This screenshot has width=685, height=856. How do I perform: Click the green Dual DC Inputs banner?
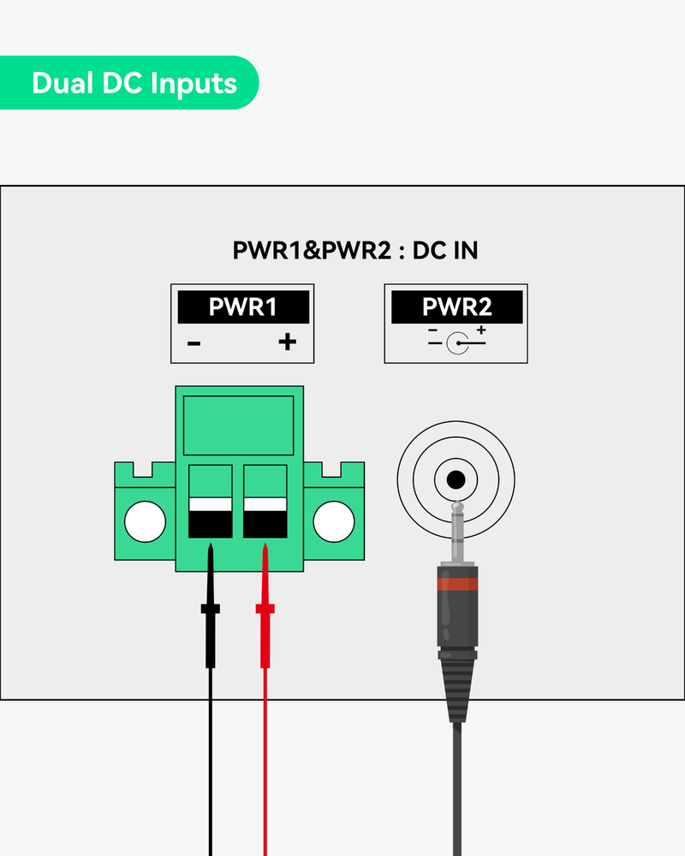(128, 83)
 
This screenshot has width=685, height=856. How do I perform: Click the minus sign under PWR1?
(194, 344)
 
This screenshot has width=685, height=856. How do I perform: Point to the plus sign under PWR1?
(287, 343)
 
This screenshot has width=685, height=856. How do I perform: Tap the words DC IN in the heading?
(445, 251)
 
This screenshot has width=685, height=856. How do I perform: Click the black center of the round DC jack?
(456, 479)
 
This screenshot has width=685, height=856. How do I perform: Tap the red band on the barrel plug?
(456, 584)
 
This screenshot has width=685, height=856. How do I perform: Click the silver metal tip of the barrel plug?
(456, 531)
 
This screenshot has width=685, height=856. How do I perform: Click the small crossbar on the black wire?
(211, 609)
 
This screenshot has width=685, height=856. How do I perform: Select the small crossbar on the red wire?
(265, 609)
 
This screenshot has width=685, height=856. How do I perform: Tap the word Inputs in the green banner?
(194, 83)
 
